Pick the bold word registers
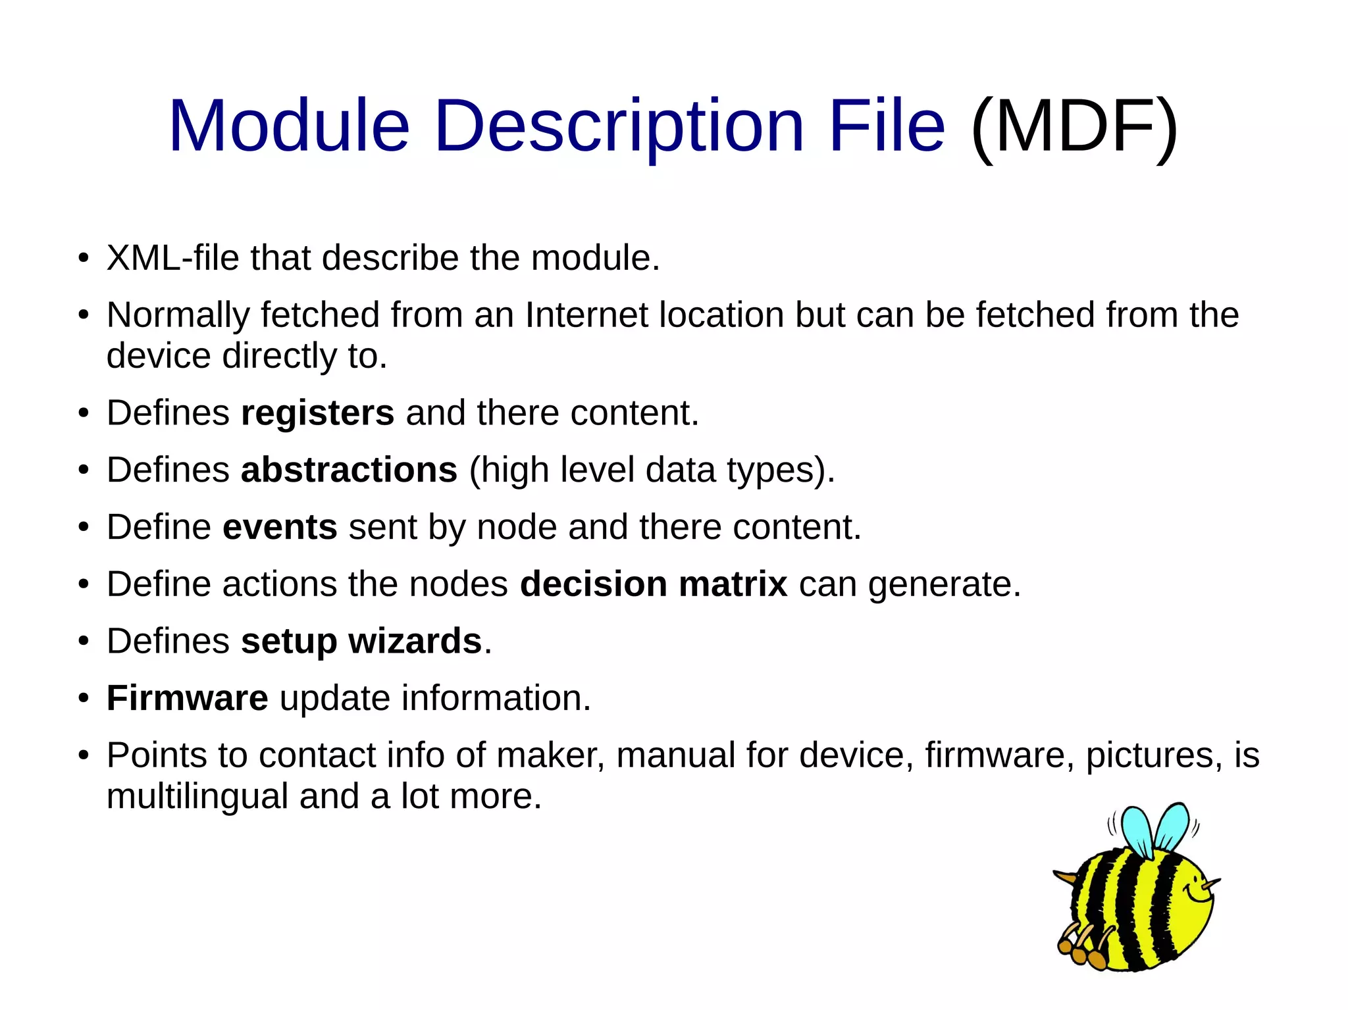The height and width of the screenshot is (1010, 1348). click(x=317, y=413)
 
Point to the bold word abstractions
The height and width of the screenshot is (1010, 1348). click(x=349, y=470)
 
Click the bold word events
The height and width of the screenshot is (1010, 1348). click(x=280, y=527)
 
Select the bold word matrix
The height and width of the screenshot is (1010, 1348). click(x=733, y=584)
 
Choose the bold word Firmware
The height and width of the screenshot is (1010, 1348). click(x=187, y=698)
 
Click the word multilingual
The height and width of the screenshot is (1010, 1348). click(x=197, y=796)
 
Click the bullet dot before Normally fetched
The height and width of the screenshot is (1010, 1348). click(x=83, y=315)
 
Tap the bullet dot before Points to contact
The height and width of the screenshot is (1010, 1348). click(x=83, y=755)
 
